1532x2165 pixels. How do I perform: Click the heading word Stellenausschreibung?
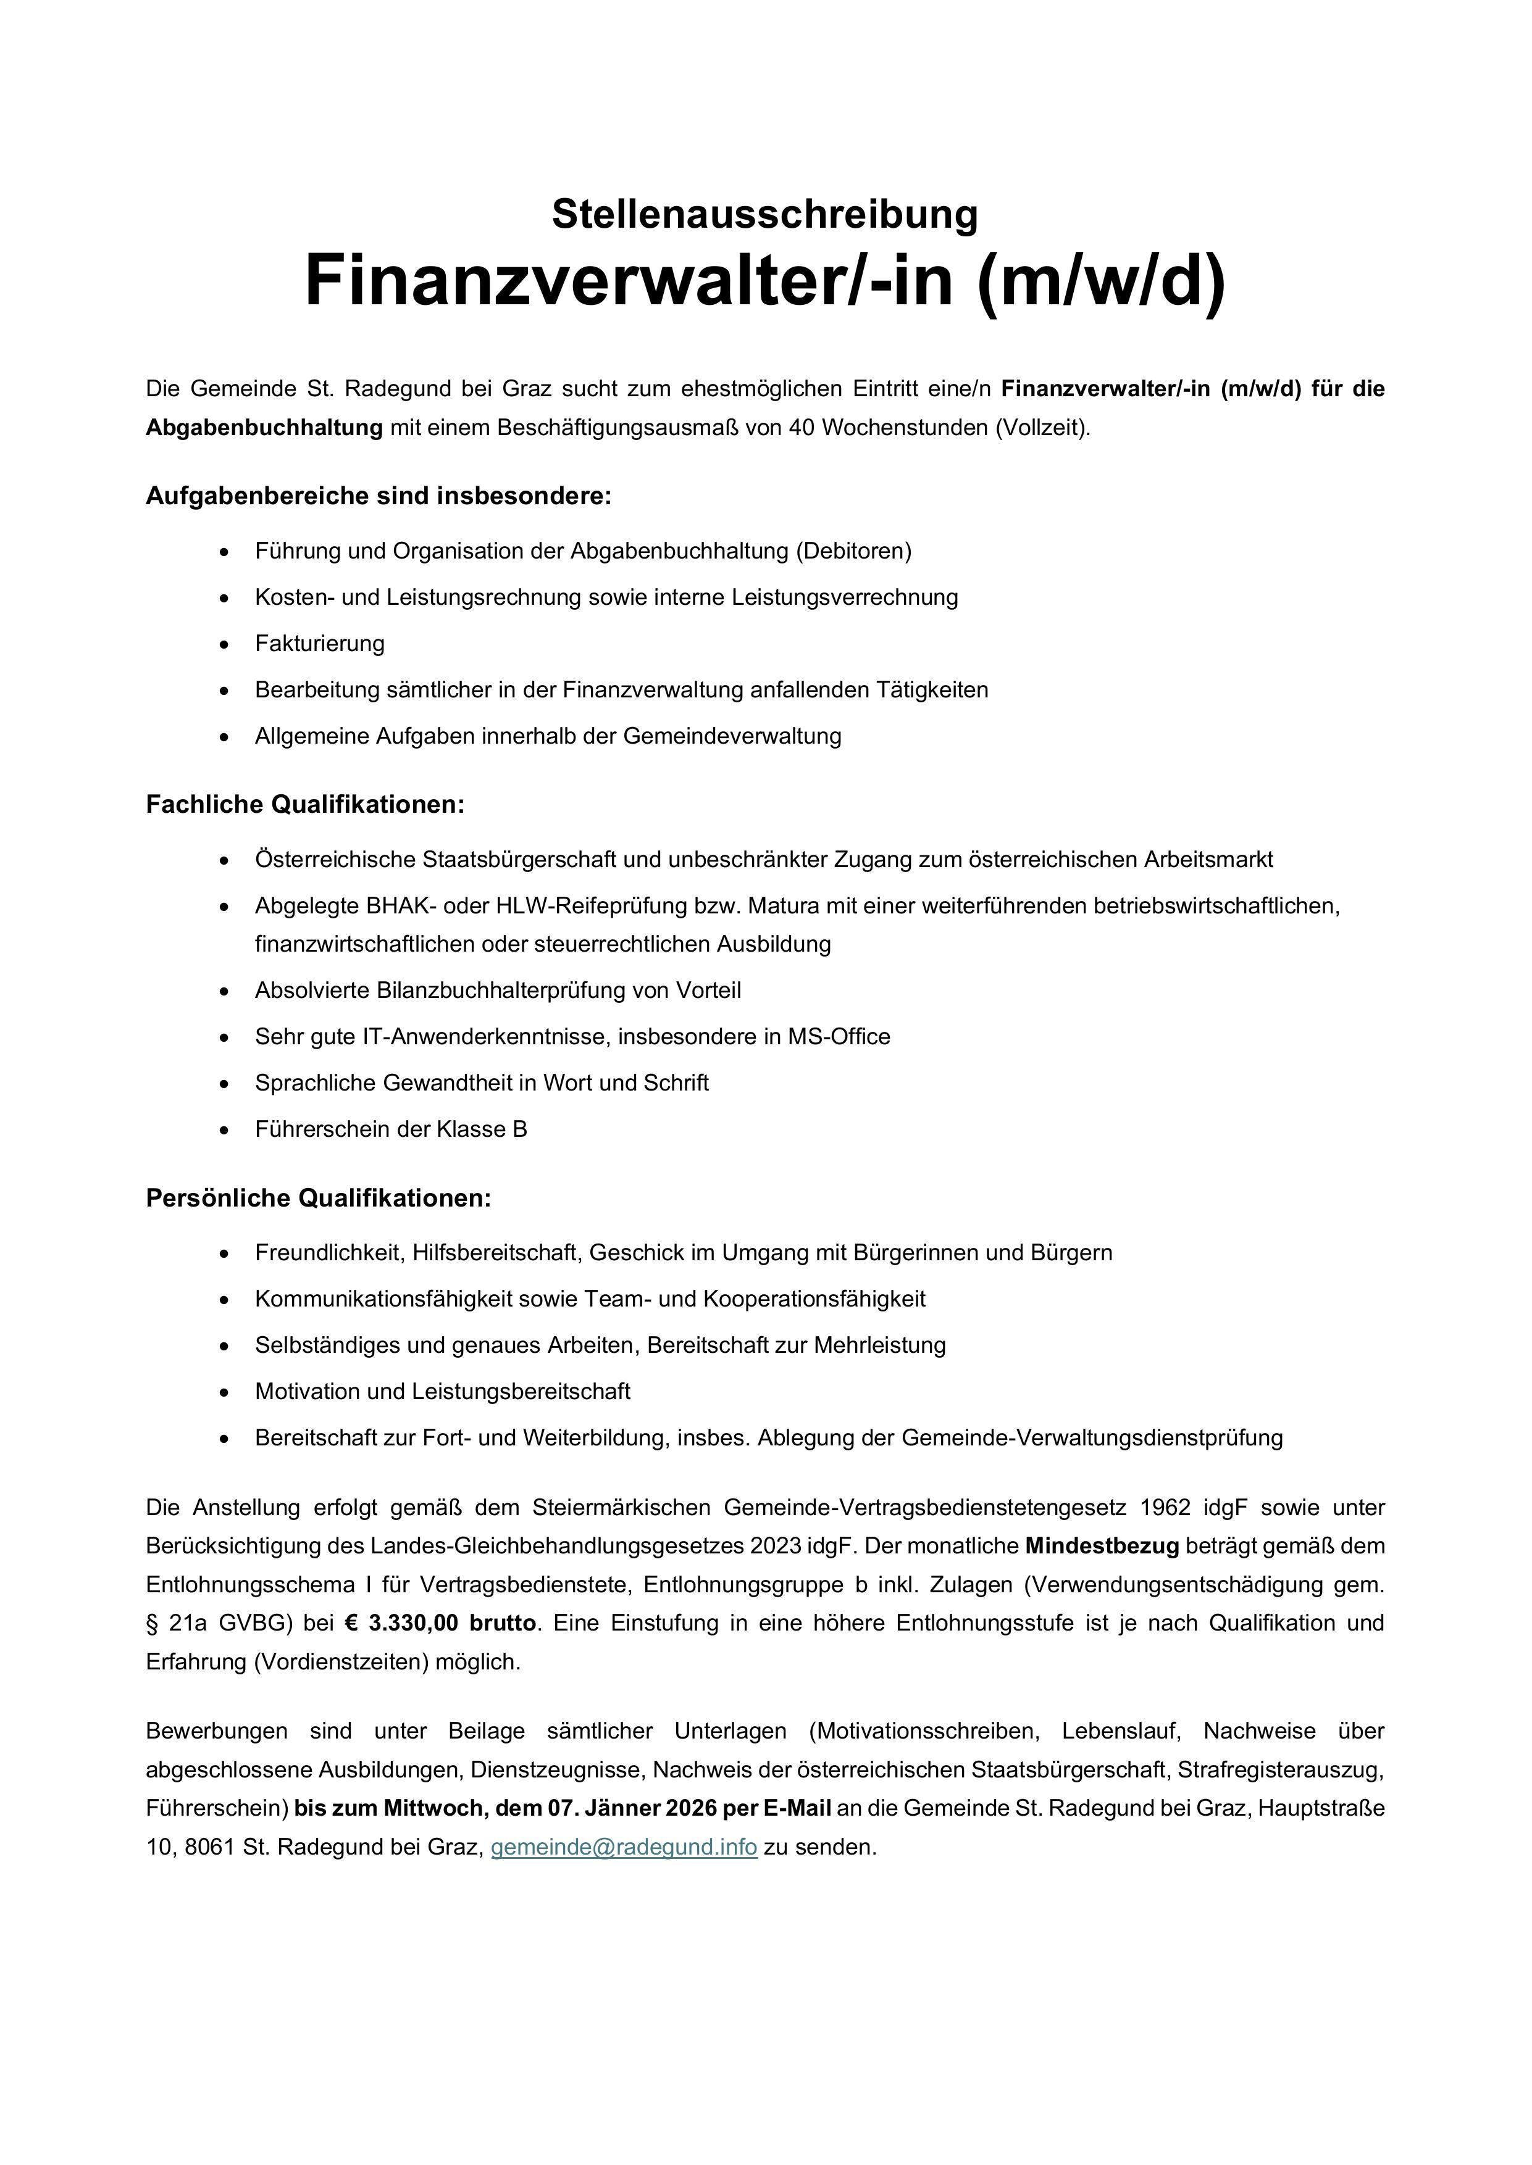[765, 214]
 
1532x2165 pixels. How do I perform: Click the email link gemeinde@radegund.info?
[624, 1847]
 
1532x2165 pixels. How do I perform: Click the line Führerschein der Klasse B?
[390, 1129]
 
